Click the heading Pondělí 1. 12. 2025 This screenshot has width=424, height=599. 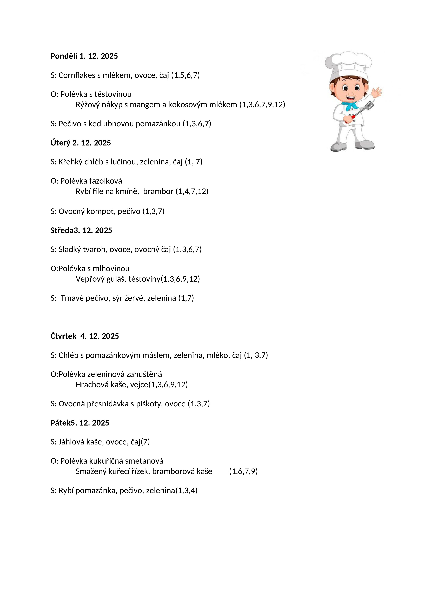pos(84,56)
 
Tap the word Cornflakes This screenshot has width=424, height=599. pos(77,75)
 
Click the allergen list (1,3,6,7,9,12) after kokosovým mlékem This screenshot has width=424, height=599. pos(262,105)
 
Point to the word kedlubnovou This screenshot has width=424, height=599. pos(111,124)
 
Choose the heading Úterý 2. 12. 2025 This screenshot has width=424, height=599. pos(81,143)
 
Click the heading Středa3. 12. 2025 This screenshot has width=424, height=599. pos(81,230)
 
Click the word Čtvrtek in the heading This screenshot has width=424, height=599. pos(63,336)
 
